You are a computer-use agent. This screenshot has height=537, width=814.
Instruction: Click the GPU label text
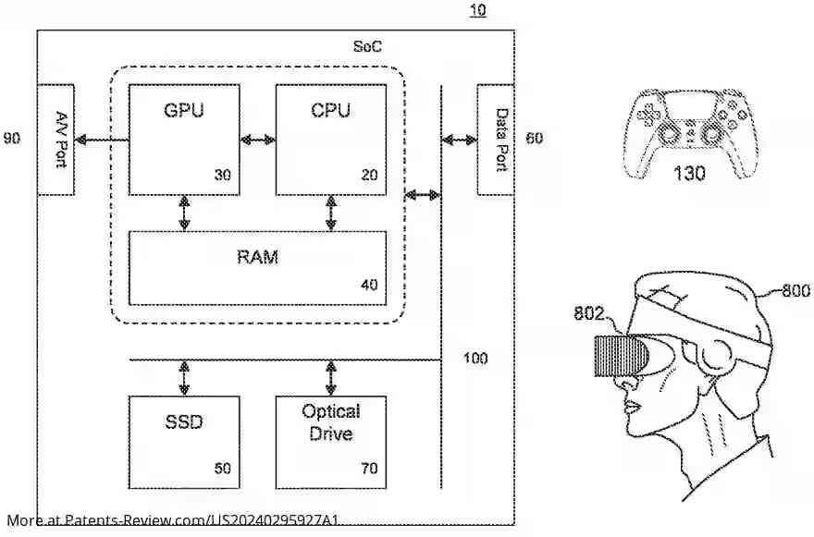coord(183,111)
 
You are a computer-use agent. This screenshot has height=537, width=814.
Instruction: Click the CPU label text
coord(330,111)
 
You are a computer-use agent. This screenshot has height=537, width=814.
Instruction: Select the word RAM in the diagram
coord(257,257)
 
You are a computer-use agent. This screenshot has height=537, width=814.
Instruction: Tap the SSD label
coord(183,423)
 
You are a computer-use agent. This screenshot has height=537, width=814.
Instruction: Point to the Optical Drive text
coord(330,421)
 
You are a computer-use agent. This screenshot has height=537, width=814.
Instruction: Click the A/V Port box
coord(55,139)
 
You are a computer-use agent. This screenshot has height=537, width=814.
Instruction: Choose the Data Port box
coord(496,139)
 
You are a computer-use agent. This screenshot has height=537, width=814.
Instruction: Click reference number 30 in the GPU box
coord(222,175)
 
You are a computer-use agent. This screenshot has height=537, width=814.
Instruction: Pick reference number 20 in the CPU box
coord(369,175)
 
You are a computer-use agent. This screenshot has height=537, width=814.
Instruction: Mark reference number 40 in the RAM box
coord(369,285)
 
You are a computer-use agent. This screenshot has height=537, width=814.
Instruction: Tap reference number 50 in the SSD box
coord(222,469)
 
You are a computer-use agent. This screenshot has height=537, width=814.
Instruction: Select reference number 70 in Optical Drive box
coord(369,469)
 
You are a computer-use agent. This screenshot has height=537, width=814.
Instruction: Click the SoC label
coord(367,45)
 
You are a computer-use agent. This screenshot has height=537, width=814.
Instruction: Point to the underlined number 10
coord(476,11)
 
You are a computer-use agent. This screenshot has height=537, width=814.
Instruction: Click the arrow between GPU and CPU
coord(257,140)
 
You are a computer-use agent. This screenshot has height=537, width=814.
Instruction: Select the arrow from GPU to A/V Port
coord(101,140)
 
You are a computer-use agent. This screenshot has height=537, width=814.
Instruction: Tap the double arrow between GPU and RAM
coord(184,212)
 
